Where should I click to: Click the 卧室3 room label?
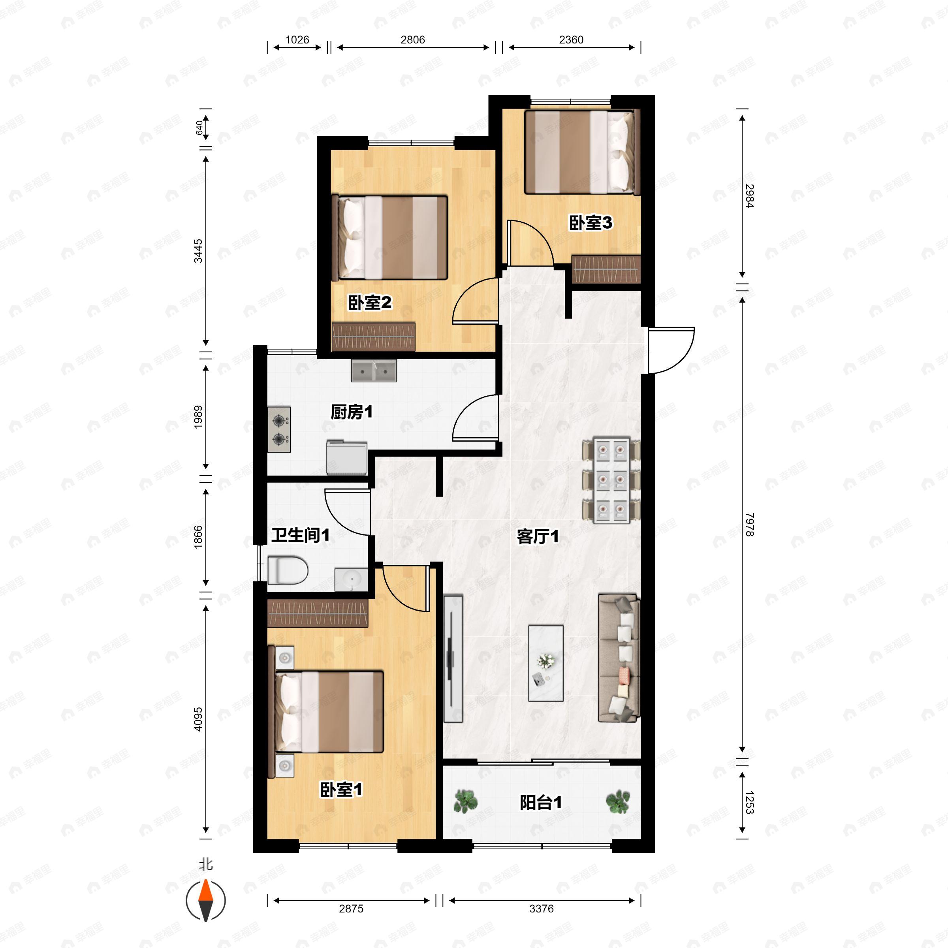590,223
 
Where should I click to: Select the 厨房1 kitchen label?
351,412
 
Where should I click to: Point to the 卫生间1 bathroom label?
300,535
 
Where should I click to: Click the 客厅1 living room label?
538,536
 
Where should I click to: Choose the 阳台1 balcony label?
541,803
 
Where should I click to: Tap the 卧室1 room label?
341,790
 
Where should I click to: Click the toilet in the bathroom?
288,570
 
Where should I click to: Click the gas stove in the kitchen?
279,429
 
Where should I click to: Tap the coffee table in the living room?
545,663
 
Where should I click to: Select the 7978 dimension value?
749,525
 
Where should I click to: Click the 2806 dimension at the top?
413,40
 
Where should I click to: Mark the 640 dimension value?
199,128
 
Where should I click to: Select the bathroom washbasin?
351,579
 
